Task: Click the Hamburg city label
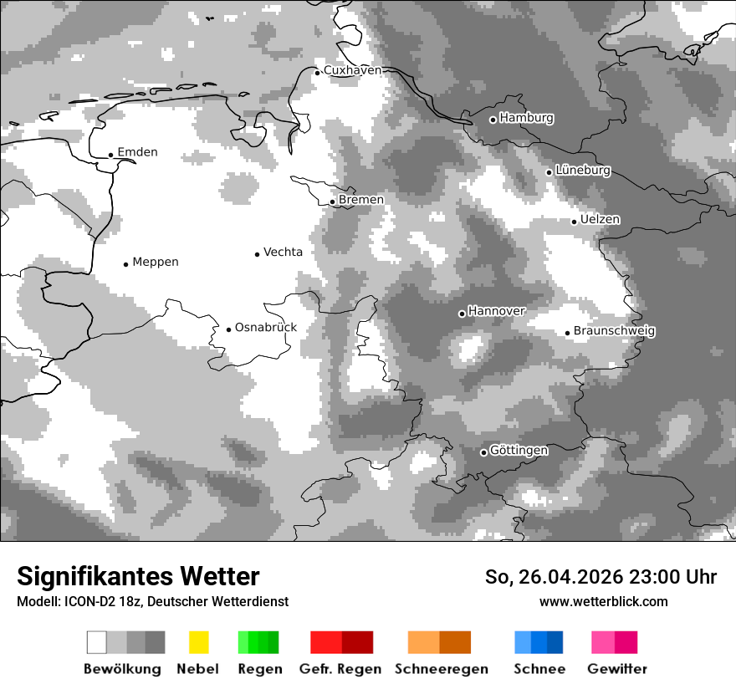point(526,118)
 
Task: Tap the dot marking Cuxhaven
point(317,73)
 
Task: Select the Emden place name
point(137,152)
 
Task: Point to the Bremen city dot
point(332,202)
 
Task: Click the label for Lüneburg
point(582,171)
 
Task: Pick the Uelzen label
point(600,220)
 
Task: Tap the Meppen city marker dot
point(125,264)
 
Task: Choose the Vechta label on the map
point(283,252)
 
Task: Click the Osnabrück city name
point(265,328)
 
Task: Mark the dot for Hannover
point(462,314)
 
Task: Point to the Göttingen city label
point(519,451)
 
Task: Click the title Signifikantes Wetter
point(138,576)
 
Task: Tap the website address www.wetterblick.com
point(603,601)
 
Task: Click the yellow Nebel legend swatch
point(198,642)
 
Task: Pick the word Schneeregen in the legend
point(442,669)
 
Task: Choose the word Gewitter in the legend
point(616,669)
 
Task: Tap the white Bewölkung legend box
point(97,642)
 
